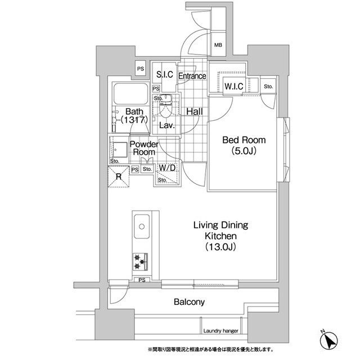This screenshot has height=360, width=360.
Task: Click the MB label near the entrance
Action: [x=218, y=45]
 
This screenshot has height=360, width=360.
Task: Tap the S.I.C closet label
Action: [x=165, y=74]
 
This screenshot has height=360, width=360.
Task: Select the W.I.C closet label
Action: [x=234, y=86]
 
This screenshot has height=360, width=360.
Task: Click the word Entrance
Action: [x=192, y=76]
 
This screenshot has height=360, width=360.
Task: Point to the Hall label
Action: [x=195, y=111]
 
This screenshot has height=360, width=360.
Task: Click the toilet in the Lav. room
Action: [x=165, y=106]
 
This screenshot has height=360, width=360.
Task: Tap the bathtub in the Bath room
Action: [x=130, y=93]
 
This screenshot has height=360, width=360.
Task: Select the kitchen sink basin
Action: [x=142, y=226]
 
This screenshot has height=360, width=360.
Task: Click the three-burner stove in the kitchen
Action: [x=140, y=262]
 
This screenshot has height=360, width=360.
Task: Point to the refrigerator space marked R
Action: [x=119, y=177]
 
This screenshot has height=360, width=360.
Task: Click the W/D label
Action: [x=167, y=168]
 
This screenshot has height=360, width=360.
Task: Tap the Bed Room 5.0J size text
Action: [x=244, y=151]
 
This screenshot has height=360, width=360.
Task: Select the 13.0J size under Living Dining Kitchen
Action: [x=220, y=247]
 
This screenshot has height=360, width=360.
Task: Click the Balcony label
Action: [x=189, y=301]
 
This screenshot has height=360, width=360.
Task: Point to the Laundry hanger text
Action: [x=220, y=331]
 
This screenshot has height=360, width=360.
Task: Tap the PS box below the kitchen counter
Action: [x=142, y=280]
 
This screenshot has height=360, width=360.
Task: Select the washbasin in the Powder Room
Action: [x=119, y=150]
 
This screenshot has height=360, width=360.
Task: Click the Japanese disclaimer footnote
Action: [x=210, y=350]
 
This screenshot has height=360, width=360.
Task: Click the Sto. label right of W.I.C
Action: [x=268, y=87]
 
